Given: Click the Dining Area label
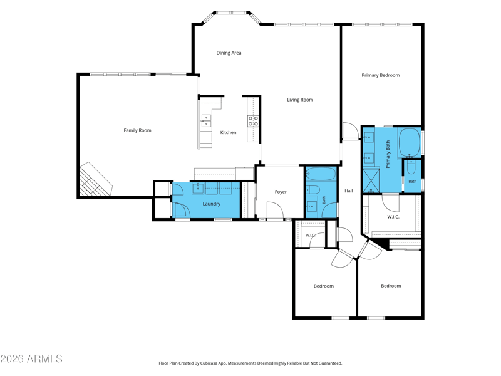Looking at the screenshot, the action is click(x=229, y=53).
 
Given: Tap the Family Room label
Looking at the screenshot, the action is click(x=137, y=130).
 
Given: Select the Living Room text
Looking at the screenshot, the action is click(x=300, y=100).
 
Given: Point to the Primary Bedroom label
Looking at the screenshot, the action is click(x=381, y=75).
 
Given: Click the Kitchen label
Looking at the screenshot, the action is click(x=228, y=132).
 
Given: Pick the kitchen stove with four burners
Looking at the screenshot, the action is click(x=253, y=121).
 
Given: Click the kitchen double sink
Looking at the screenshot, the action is click(x=206, y=121).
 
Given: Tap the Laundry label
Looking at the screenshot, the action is click(x=212, y=204).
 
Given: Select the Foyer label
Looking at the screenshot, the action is click(x=281, y=192).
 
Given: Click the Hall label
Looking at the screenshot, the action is click(x=349, y=191).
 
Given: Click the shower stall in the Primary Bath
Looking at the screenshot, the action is click(x=371, y=180).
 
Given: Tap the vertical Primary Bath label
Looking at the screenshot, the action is click(x=388, y=154).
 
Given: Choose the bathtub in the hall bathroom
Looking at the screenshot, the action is click(x=321, y=174).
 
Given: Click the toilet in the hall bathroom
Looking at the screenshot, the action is click(x=313, y=191).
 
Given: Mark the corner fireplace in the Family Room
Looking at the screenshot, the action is click(x=95, y=180).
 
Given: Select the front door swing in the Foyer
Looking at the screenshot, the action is click(x=275, y=211).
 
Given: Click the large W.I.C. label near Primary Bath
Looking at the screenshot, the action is click(x=393, y=217).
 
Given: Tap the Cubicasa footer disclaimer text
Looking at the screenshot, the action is click(x=250, y=363).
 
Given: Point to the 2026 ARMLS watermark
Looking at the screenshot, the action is click(x=31, y=358).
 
